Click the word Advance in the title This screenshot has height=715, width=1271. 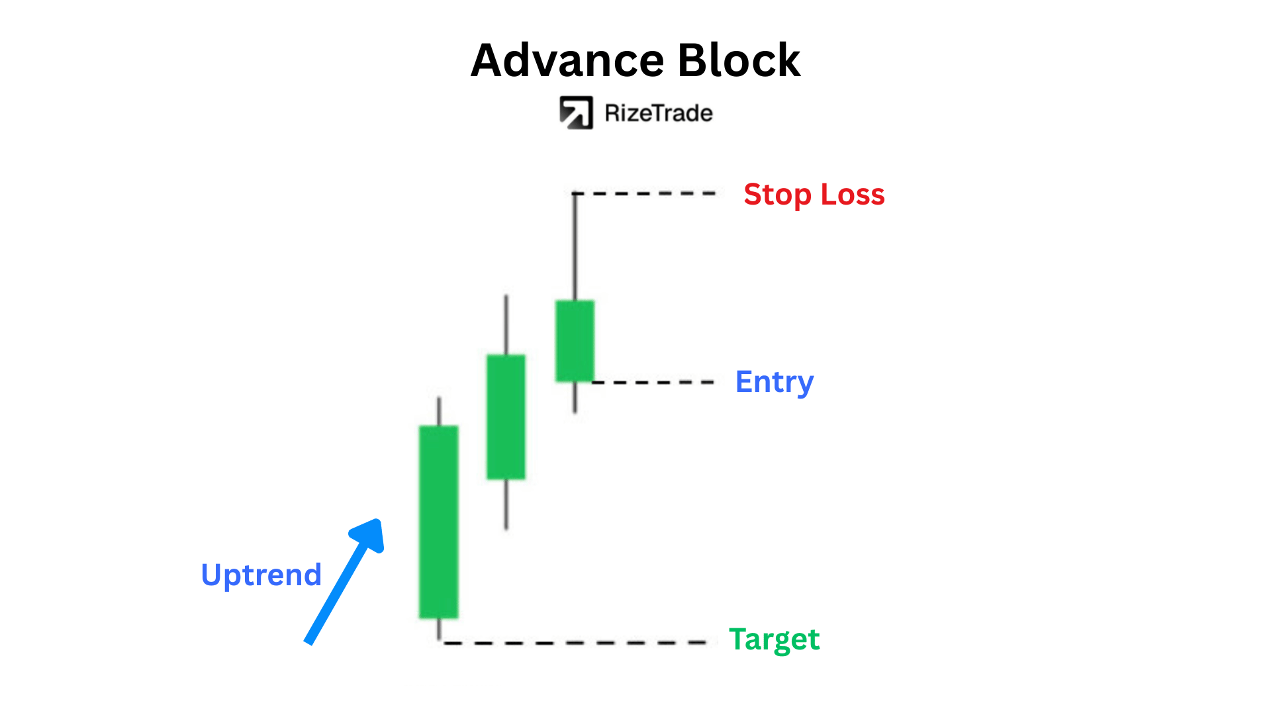567,60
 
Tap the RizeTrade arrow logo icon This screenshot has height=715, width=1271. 576,113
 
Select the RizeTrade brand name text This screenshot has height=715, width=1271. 659,113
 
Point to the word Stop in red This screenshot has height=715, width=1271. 778,195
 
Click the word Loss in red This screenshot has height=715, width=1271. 853,195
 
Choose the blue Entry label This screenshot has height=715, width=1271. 775,383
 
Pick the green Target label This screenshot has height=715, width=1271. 775,640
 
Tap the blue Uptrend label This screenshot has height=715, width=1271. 261,575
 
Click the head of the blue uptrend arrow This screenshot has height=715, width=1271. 371,534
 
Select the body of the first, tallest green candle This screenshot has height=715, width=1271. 438,522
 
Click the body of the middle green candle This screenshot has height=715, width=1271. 506,417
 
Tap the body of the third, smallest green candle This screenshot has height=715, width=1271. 575,341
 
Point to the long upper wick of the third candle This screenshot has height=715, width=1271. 575,247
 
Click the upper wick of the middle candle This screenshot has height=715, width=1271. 506,325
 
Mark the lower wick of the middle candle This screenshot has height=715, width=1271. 506,504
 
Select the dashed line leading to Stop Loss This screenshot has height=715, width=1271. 645,193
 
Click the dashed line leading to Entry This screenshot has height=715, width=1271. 653,382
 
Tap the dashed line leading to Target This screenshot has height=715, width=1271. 580,642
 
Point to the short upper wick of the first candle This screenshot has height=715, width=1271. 439,411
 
